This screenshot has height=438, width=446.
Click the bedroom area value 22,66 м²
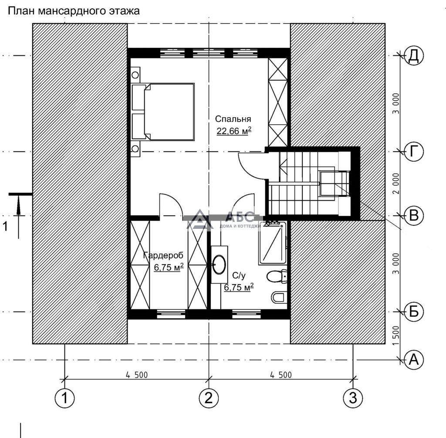coord(234,130)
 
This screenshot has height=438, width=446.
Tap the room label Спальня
coord(233,119)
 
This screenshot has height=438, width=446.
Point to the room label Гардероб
coord(163,255)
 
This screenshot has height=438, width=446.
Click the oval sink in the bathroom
coord(220,264)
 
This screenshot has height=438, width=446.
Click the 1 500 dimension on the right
coord(395,336)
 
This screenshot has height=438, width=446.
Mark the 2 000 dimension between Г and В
coord(395,183)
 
